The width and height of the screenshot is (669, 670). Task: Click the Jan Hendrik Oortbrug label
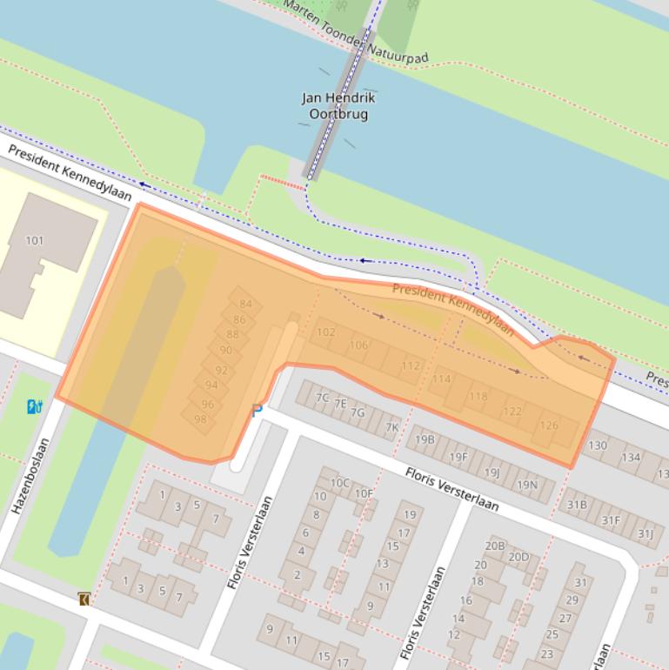[338, 106]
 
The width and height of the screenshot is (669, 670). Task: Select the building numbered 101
[35, 241]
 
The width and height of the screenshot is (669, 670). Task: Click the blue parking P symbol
[257, 410]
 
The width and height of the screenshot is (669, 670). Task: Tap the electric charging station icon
[34, 405]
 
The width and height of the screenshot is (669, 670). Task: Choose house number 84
[245, 305]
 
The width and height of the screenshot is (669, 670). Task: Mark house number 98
[201, 419]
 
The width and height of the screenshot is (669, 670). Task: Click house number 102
[326, 332]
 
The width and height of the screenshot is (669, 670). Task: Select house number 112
[411, 366]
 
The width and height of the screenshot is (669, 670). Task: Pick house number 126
[549, 425]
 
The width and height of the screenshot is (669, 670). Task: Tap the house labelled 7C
[322, 398]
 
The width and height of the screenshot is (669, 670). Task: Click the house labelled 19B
[425, 439]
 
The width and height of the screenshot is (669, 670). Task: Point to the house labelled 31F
[612, 520]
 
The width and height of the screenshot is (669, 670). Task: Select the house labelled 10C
[339, 482]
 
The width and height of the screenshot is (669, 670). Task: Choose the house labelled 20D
[518, 557]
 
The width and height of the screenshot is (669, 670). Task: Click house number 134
[631, 458]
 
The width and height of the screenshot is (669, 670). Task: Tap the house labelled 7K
[392, 426]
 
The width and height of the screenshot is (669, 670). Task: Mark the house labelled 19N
[527, 485]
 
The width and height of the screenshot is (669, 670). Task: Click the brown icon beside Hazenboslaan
[84, 599]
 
